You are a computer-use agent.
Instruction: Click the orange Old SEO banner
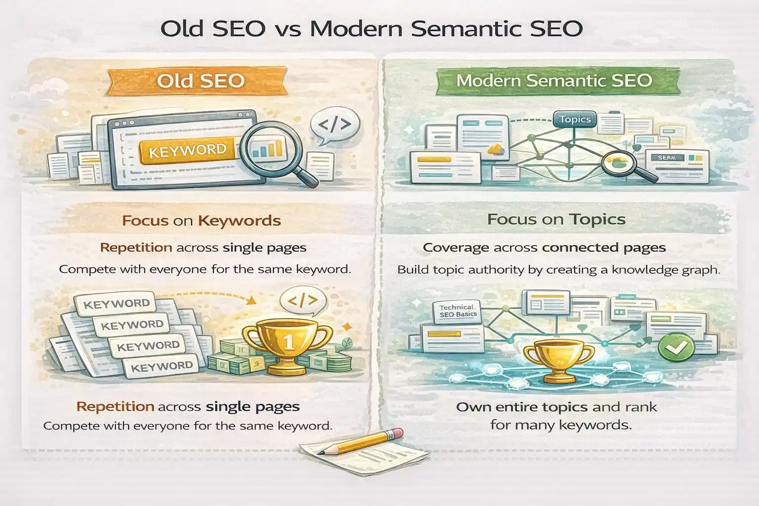(x=201, y=81)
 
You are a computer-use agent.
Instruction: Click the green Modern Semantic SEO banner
(x=554, y=81)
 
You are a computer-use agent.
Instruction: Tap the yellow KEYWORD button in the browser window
(x=187, y=150)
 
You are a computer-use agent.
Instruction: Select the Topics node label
(x=575, y=119)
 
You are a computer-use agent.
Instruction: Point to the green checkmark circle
(x=676, y=348)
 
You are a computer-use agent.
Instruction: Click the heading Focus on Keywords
(x=201, y=220)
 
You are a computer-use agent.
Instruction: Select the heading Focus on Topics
(x=556, y=219)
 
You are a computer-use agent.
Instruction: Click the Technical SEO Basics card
(x=458, y=312)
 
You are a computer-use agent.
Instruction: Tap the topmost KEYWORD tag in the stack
(x=117, y=303)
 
